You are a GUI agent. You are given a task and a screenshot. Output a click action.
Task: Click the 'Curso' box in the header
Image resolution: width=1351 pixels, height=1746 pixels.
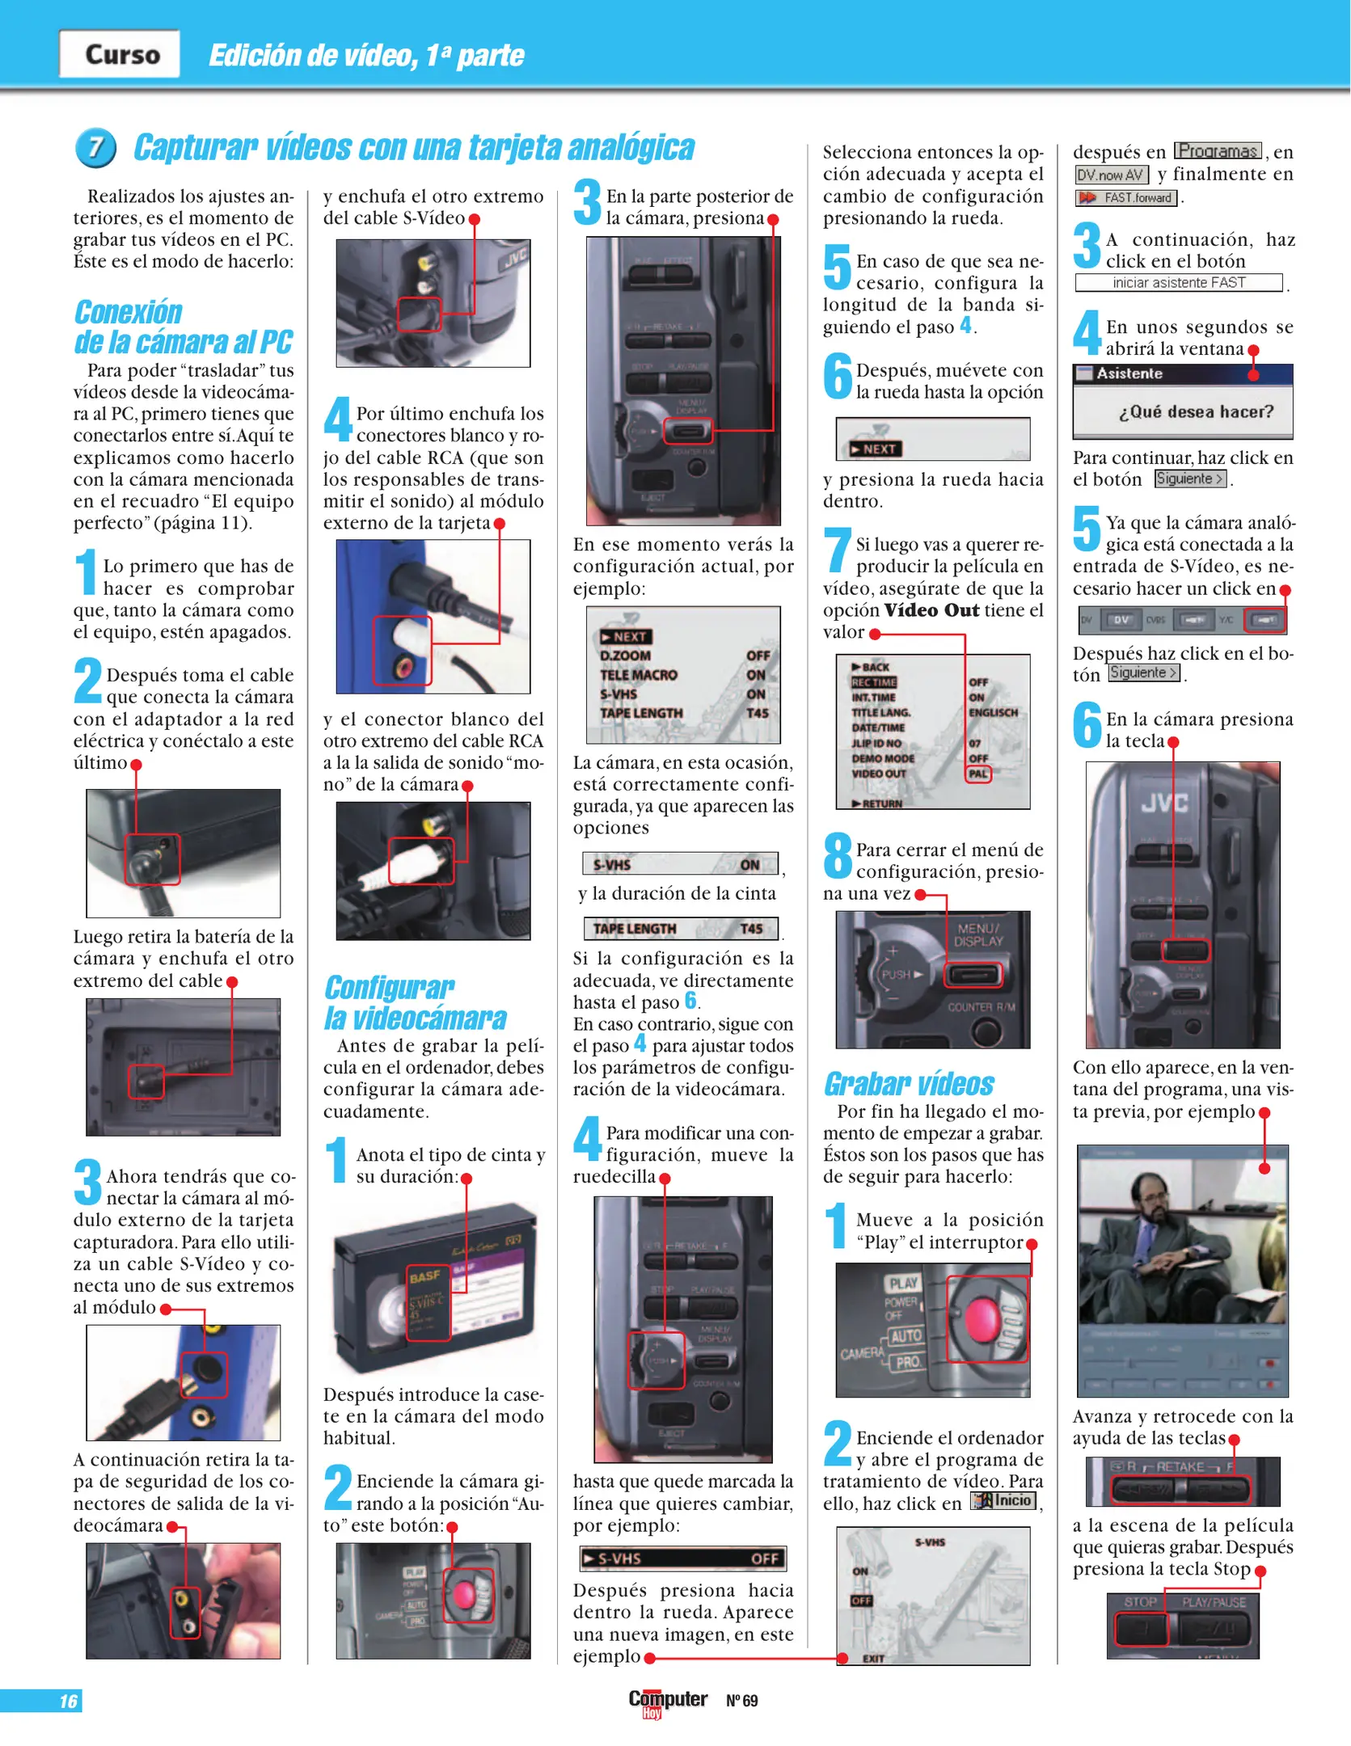pos(120,54)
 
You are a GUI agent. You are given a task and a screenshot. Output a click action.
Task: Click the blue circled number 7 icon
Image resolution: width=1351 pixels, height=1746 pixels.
pos(95,148)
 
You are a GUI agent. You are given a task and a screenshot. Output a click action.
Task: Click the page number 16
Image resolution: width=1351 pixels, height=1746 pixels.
pos(68,1702)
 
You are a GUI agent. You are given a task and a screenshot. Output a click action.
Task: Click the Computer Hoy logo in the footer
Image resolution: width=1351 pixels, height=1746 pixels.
pos(667,1701)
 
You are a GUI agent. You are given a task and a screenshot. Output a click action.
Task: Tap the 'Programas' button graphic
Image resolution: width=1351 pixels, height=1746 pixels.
pos(1217,151)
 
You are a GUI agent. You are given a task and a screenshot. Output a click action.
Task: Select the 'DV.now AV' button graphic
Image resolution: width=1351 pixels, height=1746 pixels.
pos(1110,175)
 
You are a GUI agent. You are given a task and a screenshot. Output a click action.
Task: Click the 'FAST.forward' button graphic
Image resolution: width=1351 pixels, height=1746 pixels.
pos(1127,198)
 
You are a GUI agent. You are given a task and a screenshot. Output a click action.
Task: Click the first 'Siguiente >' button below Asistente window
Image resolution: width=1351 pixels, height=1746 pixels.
pos(1189,479)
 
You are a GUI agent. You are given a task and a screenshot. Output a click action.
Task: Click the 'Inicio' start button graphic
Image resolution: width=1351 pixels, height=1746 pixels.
pos(1003,1501)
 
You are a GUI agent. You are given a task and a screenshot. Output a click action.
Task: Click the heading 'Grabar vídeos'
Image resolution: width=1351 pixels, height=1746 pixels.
pos(908,1084)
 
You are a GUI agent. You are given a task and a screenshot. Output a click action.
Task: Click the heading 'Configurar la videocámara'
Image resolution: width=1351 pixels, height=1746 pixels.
pos(415,1003)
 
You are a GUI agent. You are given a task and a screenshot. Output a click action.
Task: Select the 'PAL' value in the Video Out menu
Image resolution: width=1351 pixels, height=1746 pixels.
pos(978,774)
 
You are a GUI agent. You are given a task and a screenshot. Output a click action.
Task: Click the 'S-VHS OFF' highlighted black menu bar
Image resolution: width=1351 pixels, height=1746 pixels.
pos(682,1558)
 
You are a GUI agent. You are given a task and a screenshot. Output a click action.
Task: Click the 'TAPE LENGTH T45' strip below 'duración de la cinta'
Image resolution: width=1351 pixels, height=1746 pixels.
pos(681,929)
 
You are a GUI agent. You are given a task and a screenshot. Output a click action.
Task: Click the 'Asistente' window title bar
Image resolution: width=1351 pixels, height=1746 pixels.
pos(1181,373)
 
